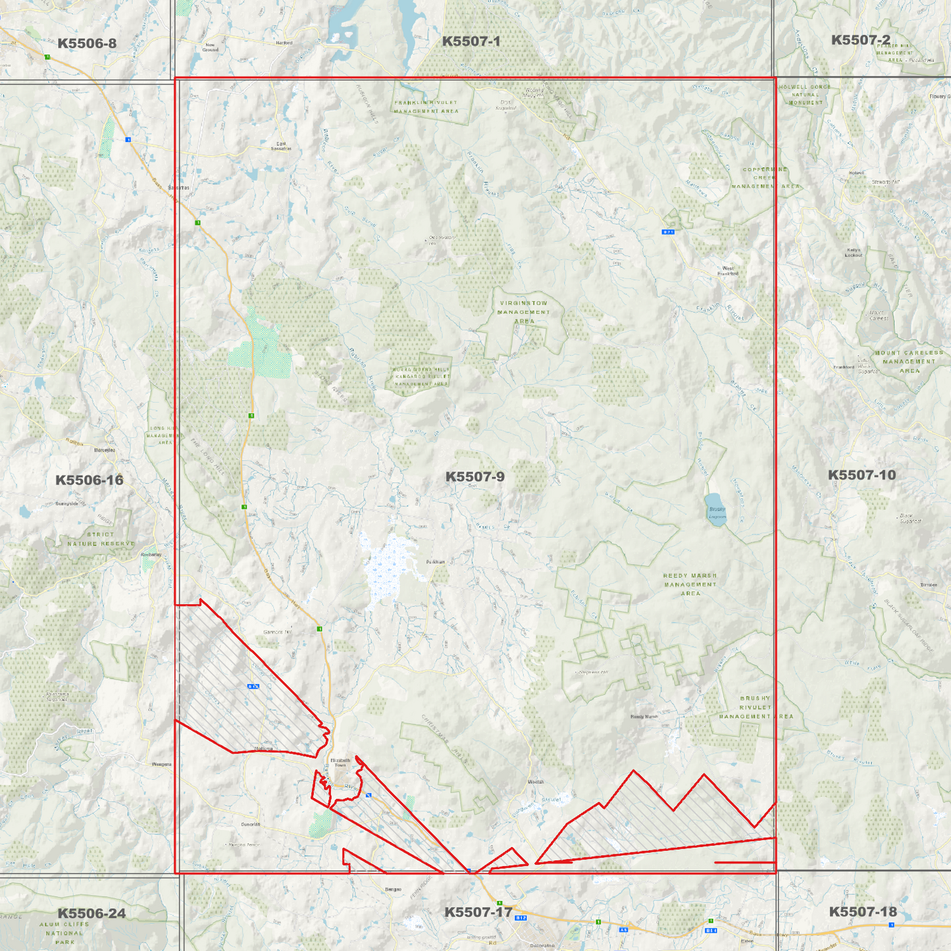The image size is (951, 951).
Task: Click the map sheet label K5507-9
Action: tap(475, 476)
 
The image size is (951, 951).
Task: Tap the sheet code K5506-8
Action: tap(87, 43)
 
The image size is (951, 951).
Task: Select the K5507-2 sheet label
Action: tap(860, 40)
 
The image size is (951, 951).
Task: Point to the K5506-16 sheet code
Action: tap(89, 480)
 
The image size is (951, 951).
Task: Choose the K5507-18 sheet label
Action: tap(862, 912)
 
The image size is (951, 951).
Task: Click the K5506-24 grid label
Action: tap(91, 913)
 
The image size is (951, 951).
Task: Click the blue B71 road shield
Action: tap(668, 232)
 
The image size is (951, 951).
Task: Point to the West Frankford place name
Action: tap(728, 270)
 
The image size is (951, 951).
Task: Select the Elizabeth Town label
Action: tap(340, 762)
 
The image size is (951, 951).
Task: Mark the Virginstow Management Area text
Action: tap(524, 312)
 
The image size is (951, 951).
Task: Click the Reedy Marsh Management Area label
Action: tap(690, 584)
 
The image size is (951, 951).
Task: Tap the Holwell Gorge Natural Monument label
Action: tap(805, 95)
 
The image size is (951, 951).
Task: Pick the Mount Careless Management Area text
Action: tap(909, 361)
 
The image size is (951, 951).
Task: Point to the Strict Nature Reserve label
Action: tap(100, 539)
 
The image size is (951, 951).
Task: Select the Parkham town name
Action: tap(435, 562)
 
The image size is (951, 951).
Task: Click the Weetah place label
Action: tap(536, 782)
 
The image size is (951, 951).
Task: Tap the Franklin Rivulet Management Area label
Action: tap(426, 107)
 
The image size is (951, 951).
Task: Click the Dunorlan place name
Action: tap(251, 824)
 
